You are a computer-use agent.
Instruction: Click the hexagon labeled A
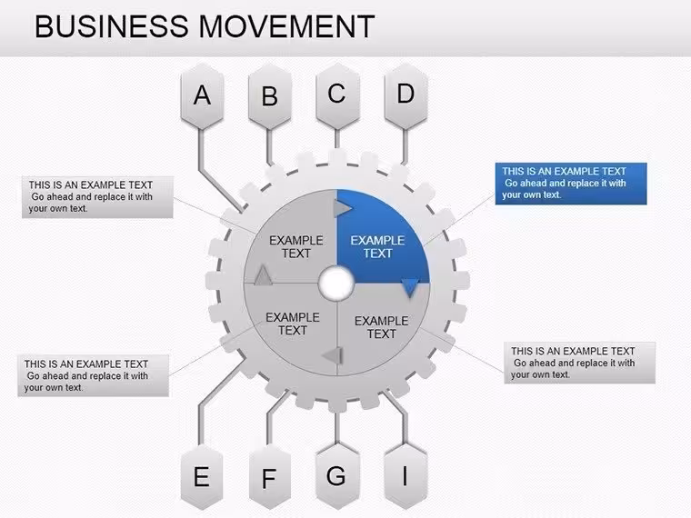[x=202, y=96]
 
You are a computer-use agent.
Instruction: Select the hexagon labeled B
[x=270, y=96]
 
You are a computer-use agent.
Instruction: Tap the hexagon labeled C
[x=337, y=96]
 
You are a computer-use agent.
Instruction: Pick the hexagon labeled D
[x=406, y=96]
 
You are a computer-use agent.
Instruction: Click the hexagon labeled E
[x=202, y=476]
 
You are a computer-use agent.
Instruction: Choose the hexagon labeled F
[x=270, y=476]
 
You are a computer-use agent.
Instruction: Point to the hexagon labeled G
[x=337, y=476]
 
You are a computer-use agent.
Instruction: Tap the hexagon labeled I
[x=406, y=476]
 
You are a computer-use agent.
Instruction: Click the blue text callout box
[x=571, y=184]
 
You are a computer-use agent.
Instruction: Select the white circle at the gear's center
[x=336, y=283]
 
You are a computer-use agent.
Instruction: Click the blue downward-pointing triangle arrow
[x=410, y=288]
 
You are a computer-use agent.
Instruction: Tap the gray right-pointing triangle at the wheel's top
[x=343, y=208]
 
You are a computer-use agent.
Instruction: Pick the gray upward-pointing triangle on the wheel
[x=263, y=274]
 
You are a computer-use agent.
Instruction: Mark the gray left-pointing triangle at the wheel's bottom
[x=332, y=355]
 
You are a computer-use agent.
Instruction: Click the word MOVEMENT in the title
[x=286, y=26]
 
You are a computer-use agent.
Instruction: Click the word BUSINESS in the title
[x=112, y=26]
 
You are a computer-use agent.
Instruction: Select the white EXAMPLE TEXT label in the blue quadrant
[x=377, y=246]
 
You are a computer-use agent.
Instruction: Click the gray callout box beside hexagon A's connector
[x=97, y=197]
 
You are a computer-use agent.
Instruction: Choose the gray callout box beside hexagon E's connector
[x=93, y=375]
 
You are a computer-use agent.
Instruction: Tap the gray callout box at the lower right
[x=579, y=363]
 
